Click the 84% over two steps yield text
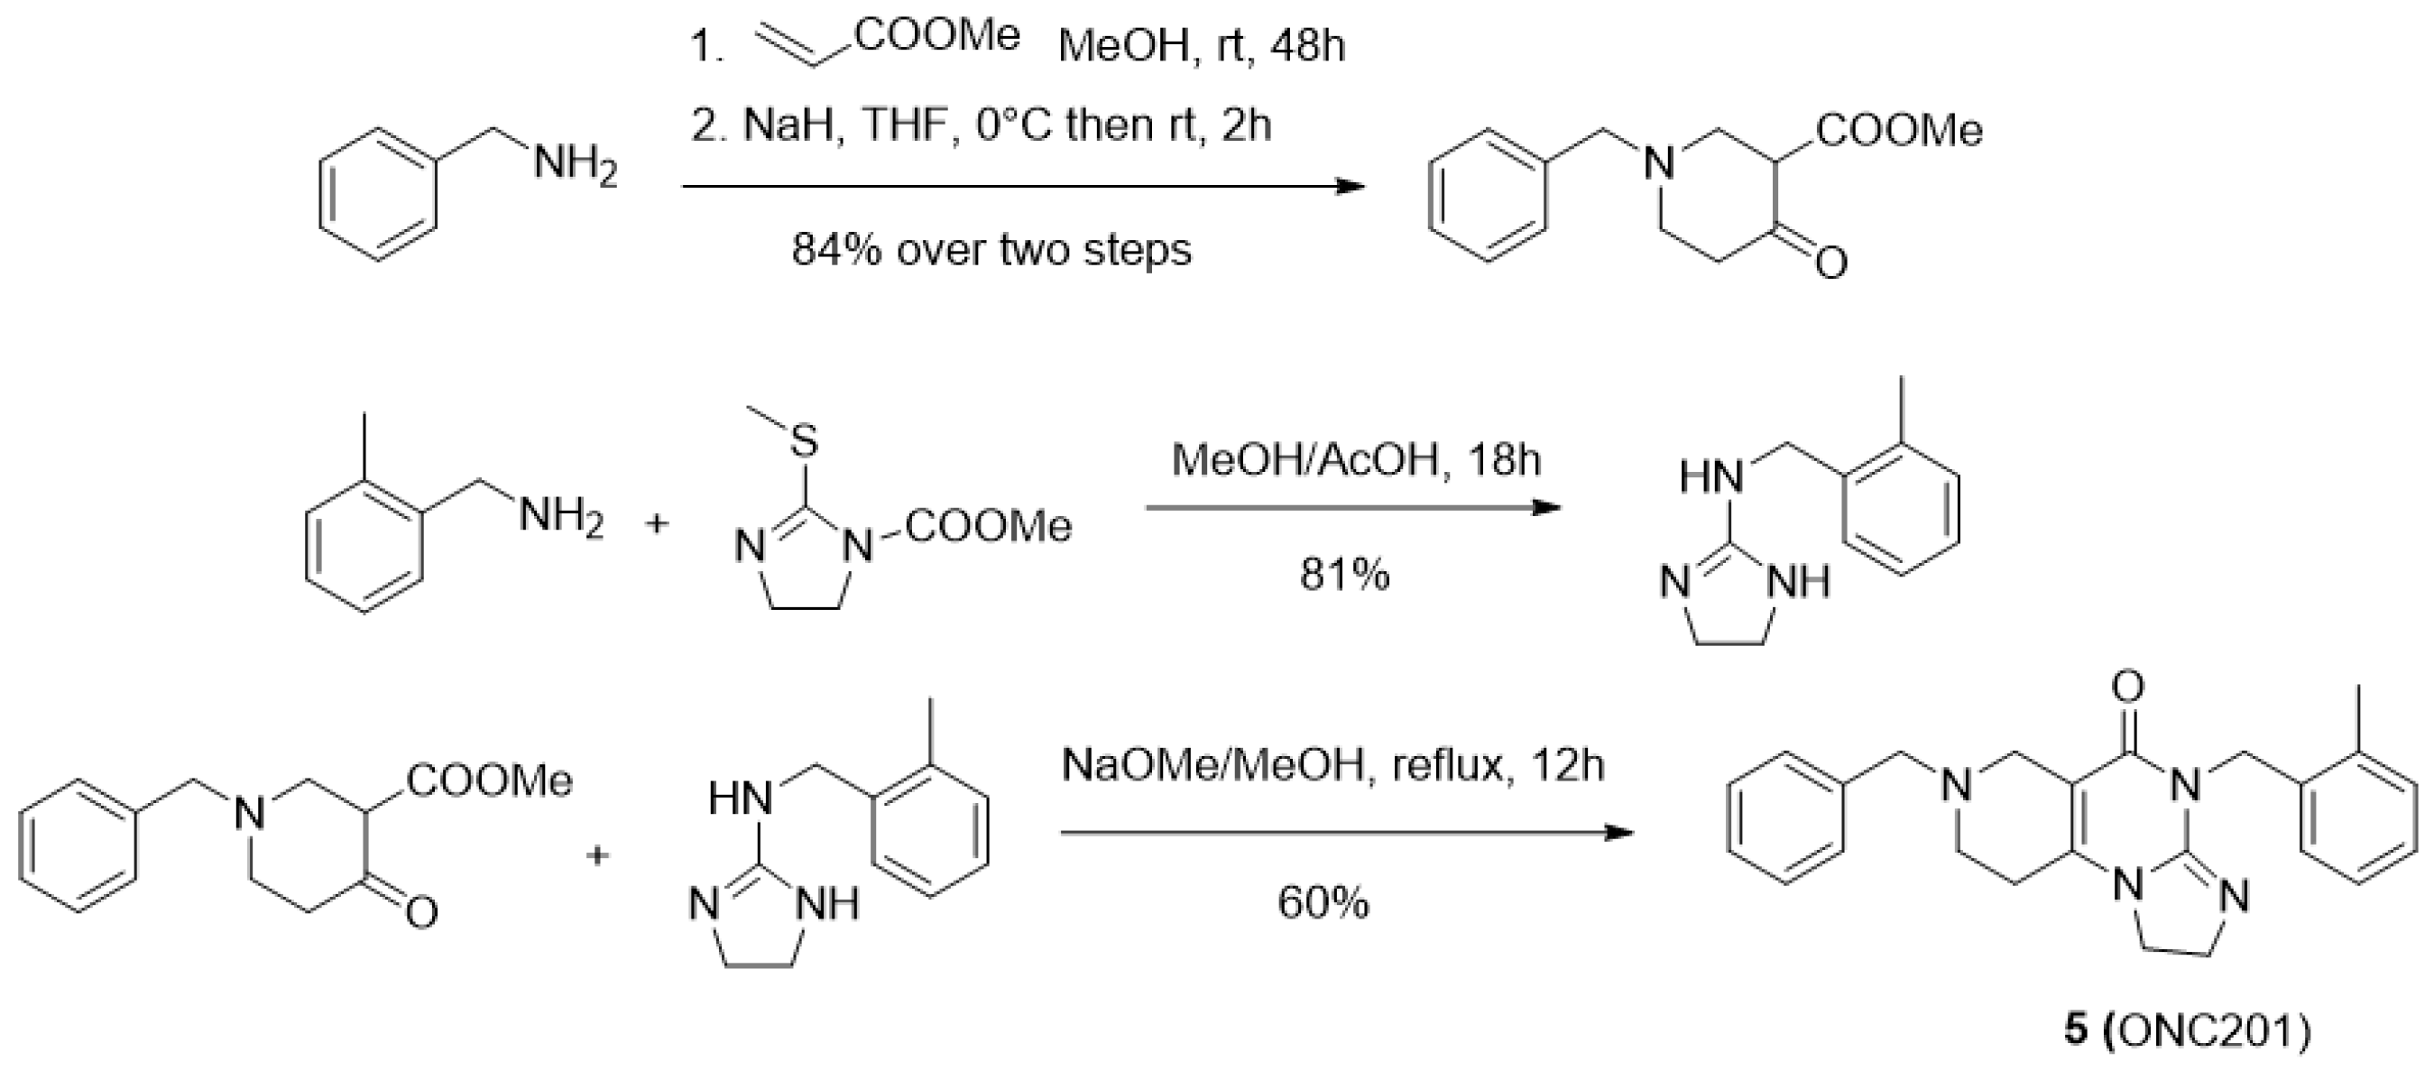click(x=991, y=251)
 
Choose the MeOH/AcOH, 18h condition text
click(x=1356, y=460)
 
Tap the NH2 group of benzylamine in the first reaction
click(x=576, y=166)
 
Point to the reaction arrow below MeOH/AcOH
click(x=1353, y=509)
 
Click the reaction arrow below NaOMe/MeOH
click(x=1346, y=834)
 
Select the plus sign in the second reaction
click(x=658, y=522)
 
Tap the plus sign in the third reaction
click(x=597, y=856)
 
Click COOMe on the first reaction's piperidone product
click(x=1899, y=132)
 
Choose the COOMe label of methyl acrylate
click(x=937, y=36)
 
